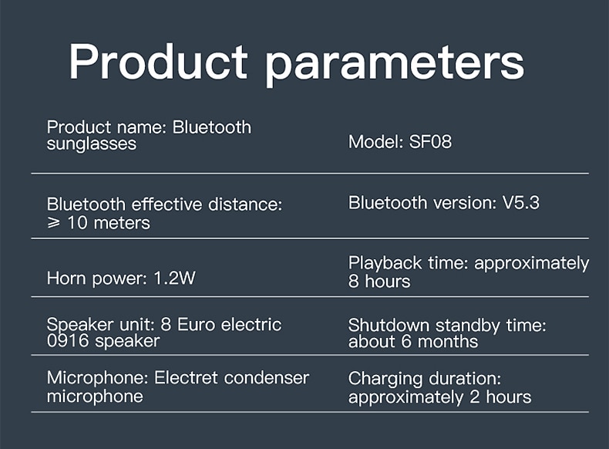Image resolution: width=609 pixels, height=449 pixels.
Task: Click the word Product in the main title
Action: click(158, 62)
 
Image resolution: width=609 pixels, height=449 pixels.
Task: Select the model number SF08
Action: click(430, 142)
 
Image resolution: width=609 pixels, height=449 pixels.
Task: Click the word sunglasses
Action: click(92, 144)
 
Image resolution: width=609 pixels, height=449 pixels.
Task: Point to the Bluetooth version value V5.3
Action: click(521, 203)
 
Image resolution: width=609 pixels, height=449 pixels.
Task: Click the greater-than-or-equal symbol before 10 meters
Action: click(54, 223)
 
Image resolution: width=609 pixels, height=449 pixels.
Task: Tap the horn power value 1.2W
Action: click(175, 278)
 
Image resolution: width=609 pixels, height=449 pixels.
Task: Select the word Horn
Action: click(66, 279)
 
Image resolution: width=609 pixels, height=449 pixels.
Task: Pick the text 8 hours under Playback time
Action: click(379, 281)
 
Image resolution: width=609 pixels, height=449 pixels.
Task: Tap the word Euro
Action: click(196, 325)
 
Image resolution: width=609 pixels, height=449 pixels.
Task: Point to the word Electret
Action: click(186, 378)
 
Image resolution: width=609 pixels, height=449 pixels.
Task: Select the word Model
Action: click(373, 142)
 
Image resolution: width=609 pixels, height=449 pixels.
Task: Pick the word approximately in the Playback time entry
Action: click(532, 264)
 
